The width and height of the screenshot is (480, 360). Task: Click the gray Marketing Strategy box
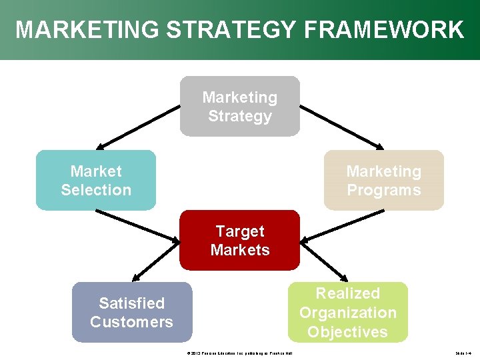tap(240, 107)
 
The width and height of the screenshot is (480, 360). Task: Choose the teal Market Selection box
tap(96, 180)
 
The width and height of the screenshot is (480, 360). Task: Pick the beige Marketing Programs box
tap(383, 181)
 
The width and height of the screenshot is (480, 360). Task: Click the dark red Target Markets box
tap(240, 240)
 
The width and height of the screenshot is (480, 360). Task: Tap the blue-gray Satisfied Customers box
tap(131, 312)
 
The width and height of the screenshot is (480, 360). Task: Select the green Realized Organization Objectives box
tap(347, 312)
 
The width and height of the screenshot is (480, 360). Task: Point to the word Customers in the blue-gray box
tap(131, 322)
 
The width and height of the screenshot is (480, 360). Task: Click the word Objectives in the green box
tap(347, 331)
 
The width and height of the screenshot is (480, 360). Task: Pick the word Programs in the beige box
tap(384, 190)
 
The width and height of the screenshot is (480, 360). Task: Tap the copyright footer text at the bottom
tap(241, 353)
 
